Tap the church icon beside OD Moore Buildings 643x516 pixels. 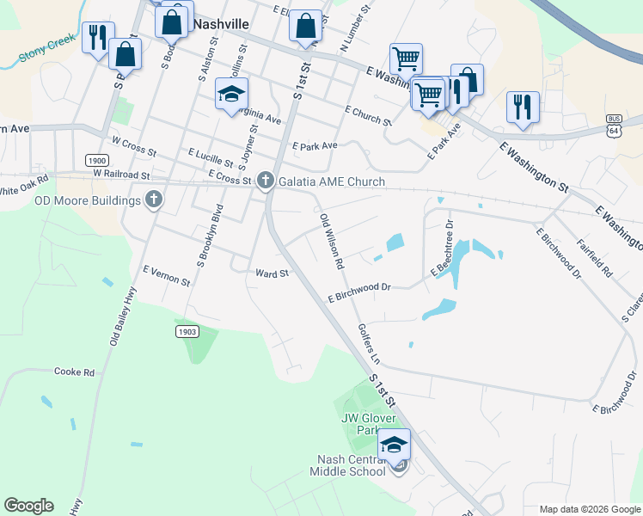point(154,200)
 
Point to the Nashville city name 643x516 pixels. point(221,24)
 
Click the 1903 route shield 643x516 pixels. point(187,331)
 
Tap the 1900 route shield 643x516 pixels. point(97,161)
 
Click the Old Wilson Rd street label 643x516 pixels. point(332,243)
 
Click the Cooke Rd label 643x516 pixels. point(74,372)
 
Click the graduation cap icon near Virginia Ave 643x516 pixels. point(231,95)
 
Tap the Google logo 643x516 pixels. point(28,506)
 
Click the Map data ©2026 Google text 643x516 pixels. point(590,509)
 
